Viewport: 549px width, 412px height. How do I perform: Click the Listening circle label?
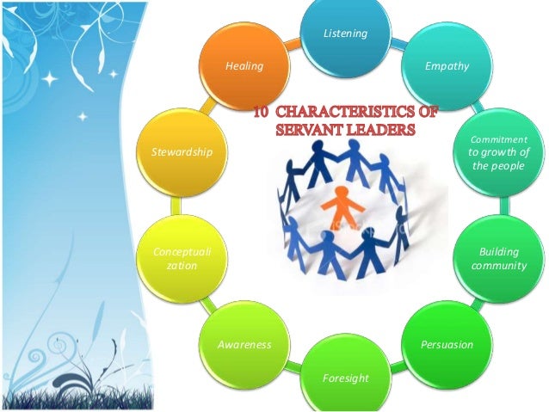[345, 34]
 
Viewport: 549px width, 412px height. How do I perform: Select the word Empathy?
[447, 66]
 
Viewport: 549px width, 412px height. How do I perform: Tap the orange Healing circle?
[244, 66]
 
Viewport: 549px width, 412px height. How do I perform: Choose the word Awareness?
[244, 345]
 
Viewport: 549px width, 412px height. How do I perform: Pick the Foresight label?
[345, 378]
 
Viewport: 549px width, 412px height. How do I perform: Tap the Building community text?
[498, 259]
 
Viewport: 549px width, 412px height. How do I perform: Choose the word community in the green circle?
[498, 266]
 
